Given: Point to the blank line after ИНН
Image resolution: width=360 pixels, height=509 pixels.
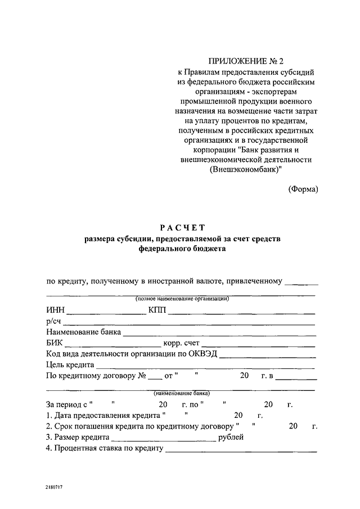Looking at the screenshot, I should tap(106, 313).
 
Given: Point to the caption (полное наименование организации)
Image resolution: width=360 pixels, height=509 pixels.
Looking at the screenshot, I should tap(182, 299).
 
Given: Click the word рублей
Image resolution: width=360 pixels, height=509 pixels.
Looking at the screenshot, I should tap(231, 437).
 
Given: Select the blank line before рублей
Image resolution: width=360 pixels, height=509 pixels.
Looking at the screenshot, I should tap(164, 440).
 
